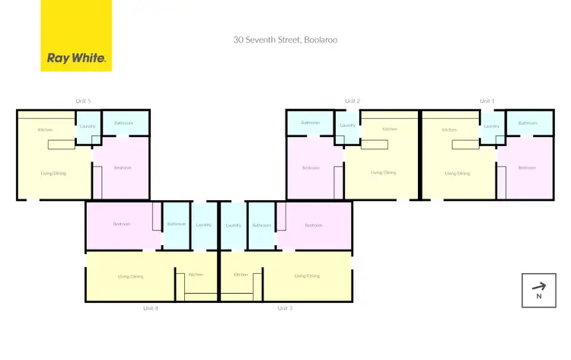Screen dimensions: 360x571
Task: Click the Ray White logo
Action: pyautogui.click(x=76, y=36)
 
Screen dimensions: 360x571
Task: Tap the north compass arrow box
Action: pyautogui.click(x=538, y=290)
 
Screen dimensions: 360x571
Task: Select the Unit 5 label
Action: pyautogui.click(x=83, y=100)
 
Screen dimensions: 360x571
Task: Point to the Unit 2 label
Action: pyautogui.click(x=352, y=100)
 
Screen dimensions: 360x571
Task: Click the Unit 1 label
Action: pyautogui.click(x=486, y=100)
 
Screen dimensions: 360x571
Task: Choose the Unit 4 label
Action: pyautogui.click(x=150, y=308)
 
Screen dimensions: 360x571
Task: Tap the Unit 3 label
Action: pyautogui.click(x=285, y=308)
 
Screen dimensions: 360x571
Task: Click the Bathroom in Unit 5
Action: pyautogui.click(x=123, y=123)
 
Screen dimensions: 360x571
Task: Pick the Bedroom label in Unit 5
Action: pyautogui.click(x=123, y=167)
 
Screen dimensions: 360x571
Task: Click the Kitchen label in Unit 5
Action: pyautogui.click(x=45, y=130)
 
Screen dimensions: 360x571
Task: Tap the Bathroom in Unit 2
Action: pyautogui.click(x=310, y=123)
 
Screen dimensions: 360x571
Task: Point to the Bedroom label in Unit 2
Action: pyautogui.click(x=311, y=167)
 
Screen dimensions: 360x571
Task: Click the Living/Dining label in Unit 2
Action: pyautogui.click(x=381, y=173)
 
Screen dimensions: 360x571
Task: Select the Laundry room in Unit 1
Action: pyautogui.click(x=491, y=126)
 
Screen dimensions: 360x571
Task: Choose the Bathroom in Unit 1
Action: pyautogui.click(x=528, y=123)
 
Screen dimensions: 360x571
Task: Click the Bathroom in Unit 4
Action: pyautogui.click(x=177, y=225)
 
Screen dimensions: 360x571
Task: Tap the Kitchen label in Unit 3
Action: pyautogui.click(x=241, y=274)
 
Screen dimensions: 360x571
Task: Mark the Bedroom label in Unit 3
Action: pyautogui.click(x=314, y=225)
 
